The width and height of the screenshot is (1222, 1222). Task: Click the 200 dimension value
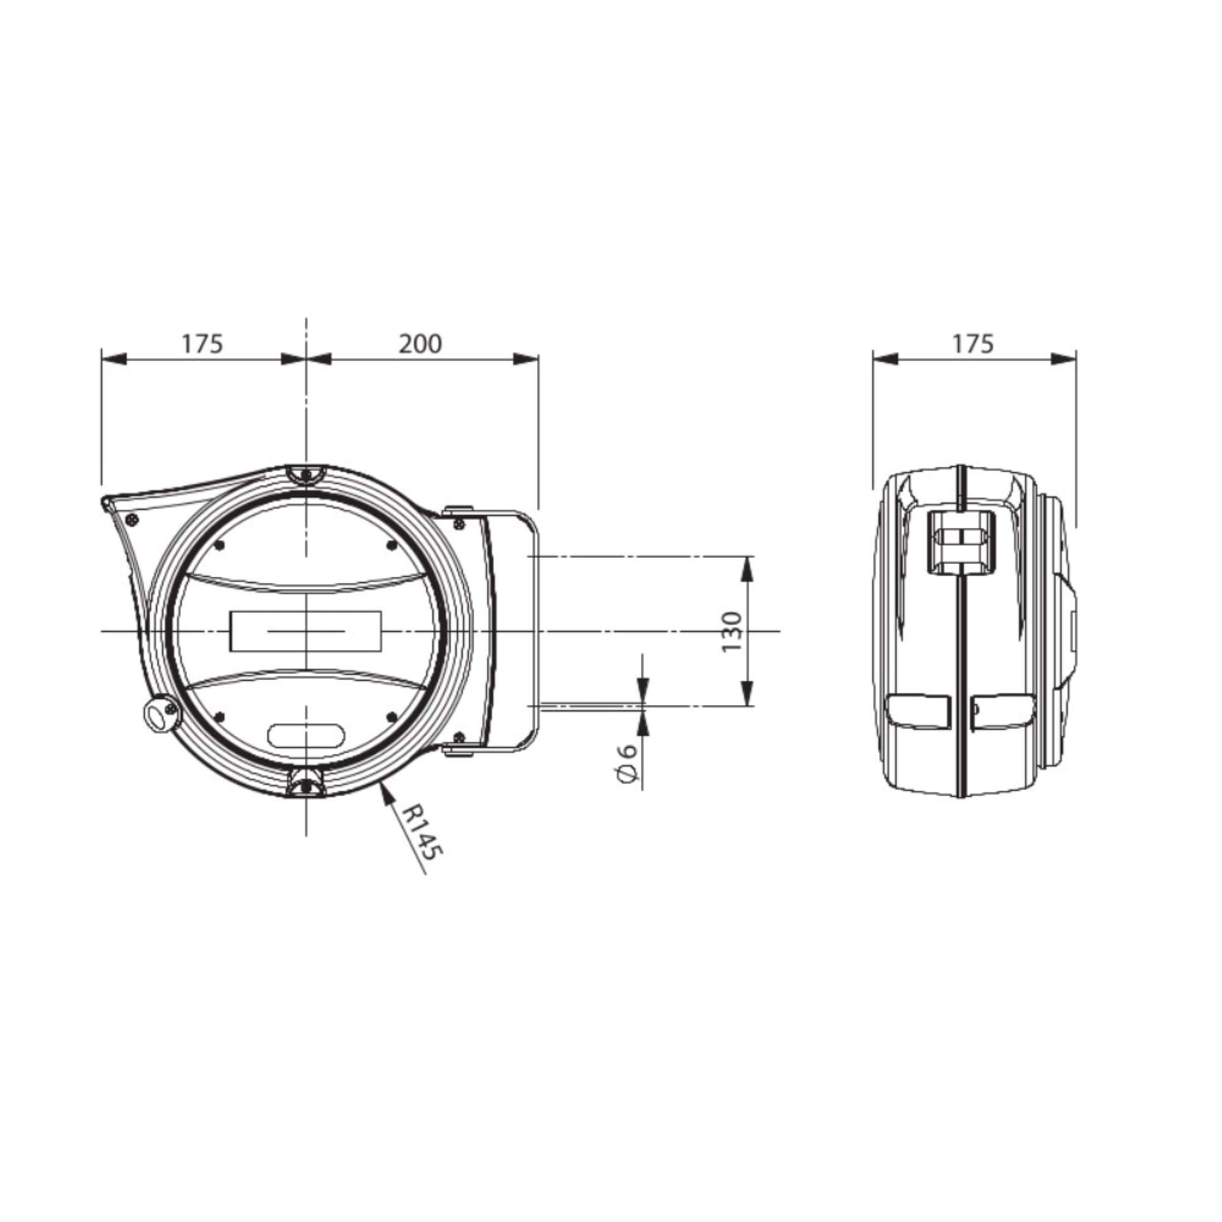(x=420, y=343)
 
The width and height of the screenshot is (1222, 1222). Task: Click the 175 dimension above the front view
(x=202, y=343)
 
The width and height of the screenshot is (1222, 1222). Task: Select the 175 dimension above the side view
(x=973, y=343)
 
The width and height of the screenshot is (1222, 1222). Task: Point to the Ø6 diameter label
(x=626, y=766)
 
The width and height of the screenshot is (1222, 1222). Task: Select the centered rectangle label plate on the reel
(x=306, y=631)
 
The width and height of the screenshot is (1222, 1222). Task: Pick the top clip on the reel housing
(x=306, y=474)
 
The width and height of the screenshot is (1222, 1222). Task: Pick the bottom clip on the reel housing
(x=306, y=786)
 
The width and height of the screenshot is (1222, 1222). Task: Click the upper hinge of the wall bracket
(x=459, y=509)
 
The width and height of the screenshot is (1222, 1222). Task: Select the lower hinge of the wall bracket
(x=459, y=751)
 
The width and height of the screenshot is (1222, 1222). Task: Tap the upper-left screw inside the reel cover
(x=219, y=544)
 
